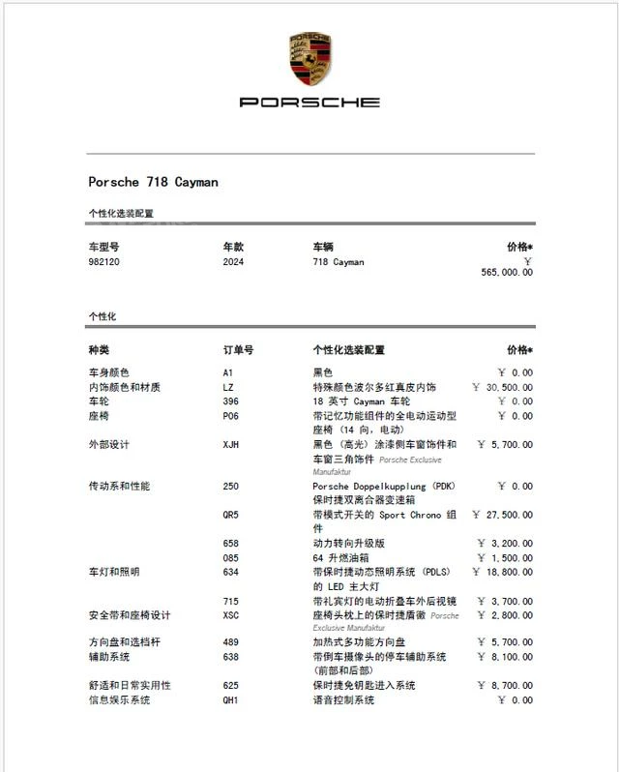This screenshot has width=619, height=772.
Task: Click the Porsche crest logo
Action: coord(309,57)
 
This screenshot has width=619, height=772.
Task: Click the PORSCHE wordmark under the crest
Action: coord(309,102)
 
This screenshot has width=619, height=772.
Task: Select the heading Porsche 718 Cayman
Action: coord(153,182)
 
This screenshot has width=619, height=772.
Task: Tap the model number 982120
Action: coord(104,262)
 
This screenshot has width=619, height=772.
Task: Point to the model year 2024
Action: coord(233,262)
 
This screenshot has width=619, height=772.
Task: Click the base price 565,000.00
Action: coord(506,273)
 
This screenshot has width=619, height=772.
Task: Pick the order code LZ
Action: coord(228,387)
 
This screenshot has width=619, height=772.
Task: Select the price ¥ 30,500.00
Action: coord(502,387)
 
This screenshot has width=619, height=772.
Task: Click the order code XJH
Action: coord(231,445)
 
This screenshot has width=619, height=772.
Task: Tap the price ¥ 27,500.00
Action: coord(502,516)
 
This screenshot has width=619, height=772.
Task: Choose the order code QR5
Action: coord(231,516)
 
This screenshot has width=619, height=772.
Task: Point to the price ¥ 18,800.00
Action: coord(502,573)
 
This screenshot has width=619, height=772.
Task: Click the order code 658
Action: coord(230,544)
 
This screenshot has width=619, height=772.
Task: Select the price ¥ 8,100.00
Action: coord(505,657)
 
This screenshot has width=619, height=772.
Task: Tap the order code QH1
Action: coord(231,700)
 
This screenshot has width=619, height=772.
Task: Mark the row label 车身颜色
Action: coord(108,372)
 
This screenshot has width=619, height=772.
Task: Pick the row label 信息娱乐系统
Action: coord(119,700)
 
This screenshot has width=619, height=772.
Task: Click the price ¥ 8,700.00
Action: coord(505,686)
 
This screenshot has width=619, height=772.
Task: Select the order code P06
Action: coord(230,416)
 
